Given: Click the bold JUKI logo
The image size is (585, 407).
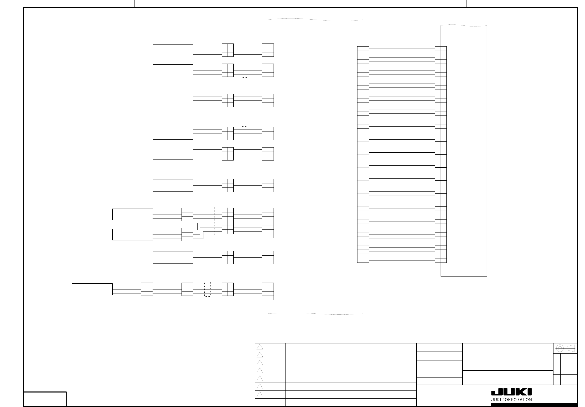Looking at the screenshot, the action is pyautogui.click(x=511, y=392).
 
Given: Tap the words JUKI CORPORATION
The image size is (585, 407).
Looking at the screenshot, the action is pyautogui.click(x=511, y=400).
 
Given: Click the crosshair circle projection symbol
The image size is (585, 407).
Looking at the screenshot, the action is pyautogui.click(x=559, y=348).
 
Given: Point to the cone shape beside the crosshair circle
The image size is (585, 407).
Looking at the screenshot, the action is pyautogui.click(x=571, y=348).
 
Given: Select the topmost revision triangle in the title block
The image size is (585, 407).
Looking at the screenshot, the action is pyautogui.click(x=260, y=347).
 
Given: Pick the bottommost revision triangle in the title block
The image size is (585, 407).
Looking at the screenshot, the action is pyautogui.click(x=260, y=395).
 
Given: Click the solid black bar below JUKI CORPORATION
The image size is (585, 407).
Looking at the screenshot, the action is pyautogui.click(x=534, y=404).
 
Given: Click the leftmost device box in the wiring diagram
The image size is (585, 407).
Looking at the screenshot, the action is pyautogui.click(x=92, y=289).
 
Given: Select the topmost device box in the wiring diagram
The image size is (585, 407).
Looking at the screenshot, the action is pyautogui.click(x=173, y=50).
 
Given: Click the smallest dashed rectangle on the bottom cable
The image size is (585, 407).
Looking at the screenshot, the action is pyautogui.click(x=207, y=289).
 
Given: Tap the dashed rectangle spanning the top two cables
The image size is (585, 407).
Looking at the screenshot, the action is pyautogui.click(x=245, y=60).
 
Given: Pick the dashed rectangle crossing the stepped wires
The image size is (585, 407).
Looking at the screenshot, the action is pyautogui.click(x=212, y=222).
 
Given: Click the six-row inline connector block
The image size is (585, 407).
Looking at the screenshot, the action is pyautogui.click(x=228, y=221).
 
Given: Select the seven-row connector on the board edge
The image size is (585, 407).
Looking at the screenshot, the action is pyautogui.click(x=268, y=223).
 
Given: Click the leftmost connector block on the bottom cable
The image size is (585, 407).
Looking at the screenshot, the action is pyautogui.click(x=147, y=289).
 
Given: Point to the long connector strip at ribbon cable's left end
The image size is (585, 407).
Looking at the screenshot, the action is pyautogui.click(x=363, y=154).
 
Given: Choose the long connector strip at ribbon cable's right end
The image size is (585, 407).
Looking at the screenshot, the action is pyautogui.click(x=441, y=154).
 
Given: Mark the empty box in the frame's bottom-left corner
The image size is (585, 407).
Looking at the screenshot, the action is pyautogui.click(x=45, y=399).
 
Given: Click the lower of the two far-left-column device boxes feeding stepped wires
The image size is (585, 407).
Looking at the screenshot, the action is pyautogui.click(x=132, y=235).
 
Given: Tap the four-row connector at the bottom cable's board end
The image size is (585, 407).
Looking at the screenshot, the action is pyautogui.click(x=268, y=291).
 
